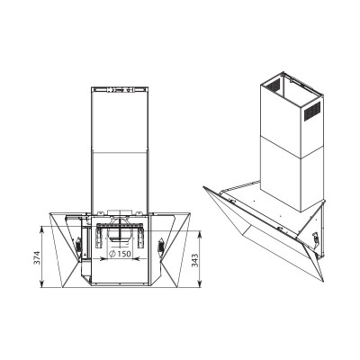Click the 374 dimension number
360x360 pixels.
point(37,257)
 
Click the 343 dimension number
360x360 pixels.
point(194,260)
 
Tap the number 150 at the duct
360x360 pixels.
point(124,254)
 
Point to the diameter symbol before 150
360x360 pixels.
point(112,254)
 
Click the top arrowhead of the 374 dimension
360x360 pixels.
point(41,229)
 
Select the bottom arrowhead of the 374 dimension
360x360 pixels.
point(41,284)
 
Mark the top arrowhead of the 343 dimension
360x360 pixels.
point(199,234)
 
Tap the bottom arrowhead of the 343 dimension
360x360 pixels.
point(199,284)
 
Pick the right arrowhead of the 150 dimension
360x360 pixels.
point(137,257)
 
